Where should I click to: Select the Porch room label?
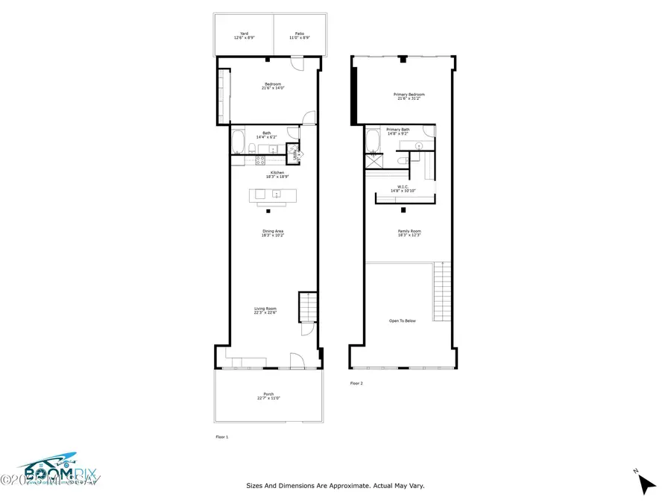[x=268, y=396]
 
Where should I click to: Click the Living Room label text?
[x=265, y=310]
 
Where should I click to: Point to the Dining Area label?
[x=272, y=233]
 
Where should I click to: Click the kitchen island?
[x=272, y=195]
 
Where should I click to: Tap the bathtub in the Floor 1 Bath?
[x=238, y=142]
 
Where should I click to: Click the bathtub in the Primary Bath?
[x=373, y=140]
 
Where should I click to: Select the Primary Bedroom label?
[x=409, y=96]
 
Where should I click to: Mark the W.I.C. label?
[x=403, y=189]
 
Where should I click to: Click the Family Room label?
[x=409, y=232]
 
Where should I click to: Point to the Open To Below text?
[x=403, y=320]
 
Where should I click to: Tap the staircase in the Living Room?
[x=307, y=305]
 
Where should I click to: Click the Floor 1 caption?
[x=221, y=437]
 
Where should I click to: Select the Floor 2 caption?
[x=356, y=383]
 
